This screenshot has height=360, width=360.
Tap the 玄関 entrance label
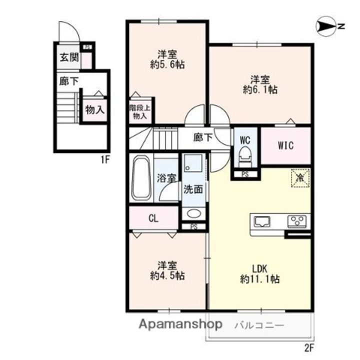coord(69,57)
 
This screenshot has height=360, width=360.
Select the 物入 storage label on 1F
coord(95,110)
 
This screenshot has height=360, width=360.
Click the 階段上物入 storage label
coord(140,112)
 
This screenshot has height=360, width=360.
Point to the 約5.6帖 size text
coord(167,65)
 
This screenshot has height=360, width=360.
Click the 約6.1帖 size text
coord(260,89)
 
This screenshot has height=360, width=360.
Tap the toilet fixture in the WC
coord(245,157)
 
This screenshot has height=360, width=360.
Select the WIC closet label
coord(285,145)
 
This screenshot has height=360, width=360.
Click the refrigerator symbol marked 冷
coord(300,178)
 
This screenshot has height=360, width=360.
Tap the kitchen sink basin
coord(261,222)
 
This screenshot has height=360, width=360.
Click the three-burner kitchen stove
coord(297,222)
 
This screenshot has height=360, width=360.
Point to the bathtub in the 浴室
coord(141,178)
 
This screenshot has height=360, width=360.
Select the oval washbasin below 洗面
coord(194,213)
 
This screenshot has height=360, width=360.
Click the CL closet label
coord(153,218)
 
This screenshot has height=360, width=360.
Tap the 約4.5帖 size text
coord(167,276)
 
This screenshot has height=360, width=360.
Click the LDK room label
coord(259,268)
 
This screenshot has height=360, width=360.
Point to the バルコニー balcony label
coord(259,325)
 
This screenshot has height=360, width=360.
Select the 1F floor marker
coord(105,160)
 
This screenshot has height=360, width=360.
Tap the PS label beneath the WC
coord(245,174)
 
